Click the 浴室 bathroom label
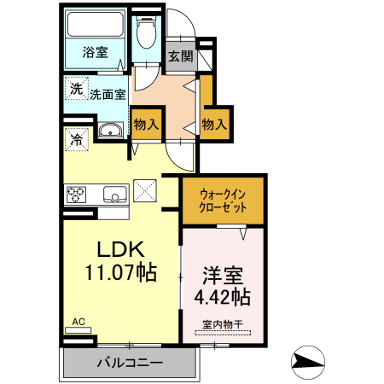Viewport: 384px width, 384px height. click(95, 53)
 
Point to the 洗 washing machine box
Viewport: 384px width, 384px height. click(77, 89)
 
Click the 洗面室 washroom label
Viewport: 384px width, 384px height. click(108, 95)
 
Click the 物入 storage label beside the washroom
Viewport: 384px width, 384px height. click(146, 124)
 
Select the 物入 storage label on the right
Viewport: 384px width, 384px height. click(214, 124)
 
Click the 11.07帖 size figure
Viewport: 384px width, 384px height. click(119, 275)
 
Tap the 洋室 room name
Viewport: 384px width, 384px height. click(223, 275)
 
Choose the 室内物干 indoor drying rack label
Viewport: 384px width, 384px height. click(223, 325)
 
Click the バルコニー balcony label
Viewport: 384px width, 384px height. click(129, 363)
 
